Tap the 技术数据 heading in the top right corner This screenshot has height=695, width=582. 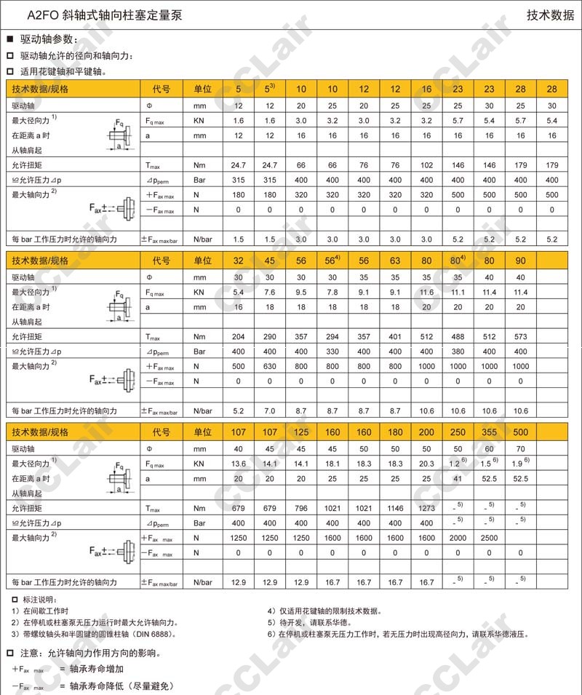(550, 15)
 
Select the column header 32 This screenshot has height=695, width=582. (239, 260)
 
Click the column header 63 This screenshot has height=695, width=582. (395, 260)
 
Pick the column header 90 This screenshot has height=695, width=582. (520, 260)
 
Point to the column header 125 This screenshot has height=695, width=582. (301, 432)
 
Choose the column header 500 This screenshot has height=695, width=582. (520, 432)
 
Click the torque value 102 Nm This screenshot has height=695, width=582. (426, 165)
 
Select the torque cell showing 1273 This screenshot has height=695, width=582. (426, 508)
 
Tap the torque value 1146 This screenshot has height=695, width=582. (395, 508)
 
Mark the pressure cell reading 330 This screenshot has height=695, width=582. (332, 351)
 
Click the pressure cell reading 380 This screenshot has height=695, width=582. (458, 351)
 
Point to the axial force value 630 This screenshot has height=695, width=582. (270, 366)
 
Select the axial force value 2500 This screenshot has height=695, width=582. (489, 538)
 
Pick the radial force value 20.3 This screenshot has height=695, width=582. (426, 464)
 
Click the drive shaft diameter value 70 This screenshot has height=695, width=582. (520, 448)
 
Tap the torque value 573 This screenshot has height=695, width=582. (520, 336)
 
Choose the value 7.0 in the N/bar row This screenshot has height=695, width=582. (270, 411)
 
